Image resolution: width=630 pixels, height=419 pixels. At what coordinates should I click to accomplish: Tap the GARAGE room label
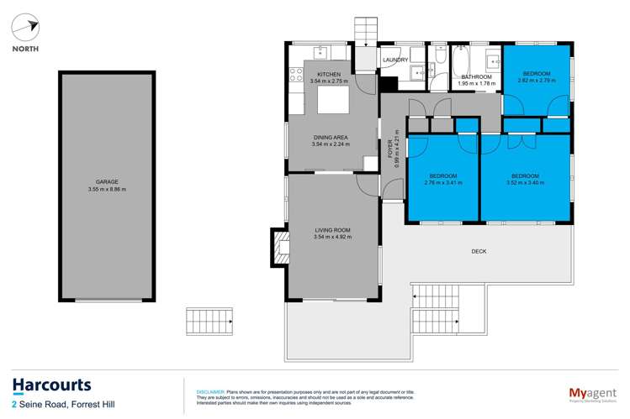click(106, 181)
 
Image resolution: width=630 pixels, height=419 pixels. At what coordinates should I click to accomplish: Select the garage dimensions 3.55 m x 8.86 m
click(106, 189)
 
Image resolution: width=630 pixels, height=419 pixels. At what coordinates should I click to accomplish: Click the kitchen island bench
click(331, 102)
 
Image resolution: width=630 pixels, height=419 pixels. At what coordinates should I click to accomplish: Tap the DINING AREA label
click(329, 137)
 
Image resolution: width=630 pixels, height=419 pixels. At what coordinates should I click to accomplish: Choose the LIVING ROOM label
click(331, 229)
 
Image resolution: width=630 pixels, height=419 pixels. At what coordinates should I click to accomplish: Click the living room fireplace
click(277, 247)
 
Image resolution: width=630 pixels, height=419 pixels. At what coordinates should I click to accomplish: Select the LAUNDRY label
click(395, 60)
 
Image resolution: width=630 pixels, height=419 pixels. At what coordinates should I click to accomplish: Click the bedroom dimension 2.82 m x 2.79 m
click(536, 81)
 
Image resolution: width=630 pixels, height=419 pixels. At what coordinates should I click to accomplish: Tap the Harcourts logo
click(51, 385)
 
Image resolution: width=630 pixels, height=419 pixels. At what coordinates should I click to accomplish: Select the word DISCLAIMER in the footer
click(209, 391)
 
